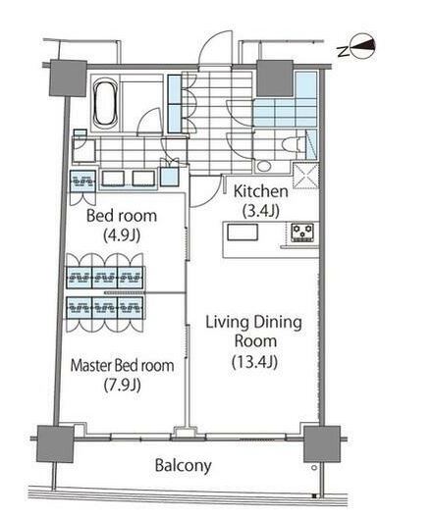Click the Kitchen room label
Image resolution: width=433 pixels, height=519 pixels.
(261, 191)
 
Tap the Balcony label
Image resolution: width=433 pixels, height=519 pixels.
(184, 465)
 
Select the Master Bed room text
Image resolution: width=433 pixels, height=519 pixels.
(123, 365)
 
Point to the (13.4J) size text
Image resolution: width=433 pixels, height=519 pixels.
(254, 362)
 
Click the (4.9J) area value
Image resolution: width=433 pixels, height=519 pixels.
(122, 235)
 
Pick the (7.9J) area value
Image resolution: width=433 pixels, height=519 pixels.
(123, 385)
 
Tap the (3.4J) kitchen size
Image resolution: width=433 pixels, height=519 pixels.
(261, 211)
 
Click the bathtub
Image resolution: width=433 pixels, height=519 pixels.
(105, 103)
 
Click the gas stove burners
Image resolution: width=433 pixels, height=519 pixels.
(302, 233)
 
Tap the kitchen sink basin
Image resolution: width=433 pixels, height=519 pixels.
(243, 232)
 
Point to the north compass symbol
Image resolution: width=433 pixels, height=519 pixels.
(362, 47)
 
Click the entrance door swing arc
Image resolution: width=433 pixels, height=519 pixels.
(215, 46)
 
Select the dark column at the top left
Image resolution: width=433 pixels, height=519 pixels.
(69, 78)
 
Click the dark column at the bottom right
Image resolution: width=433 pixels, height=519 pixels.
(322, 444)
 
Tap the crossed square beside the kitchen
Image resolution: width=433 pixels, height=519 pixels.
(305, 176)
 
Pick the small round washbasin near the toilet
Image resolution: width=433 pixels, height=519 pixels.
(264, 166)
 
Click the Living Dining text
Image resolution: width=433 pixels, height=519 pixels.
(253, 323)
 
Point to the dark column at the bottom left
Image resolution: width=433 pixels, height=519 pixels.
(55, 443)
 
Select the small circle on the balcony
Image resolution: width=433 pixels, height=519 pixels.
(314, 468)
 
